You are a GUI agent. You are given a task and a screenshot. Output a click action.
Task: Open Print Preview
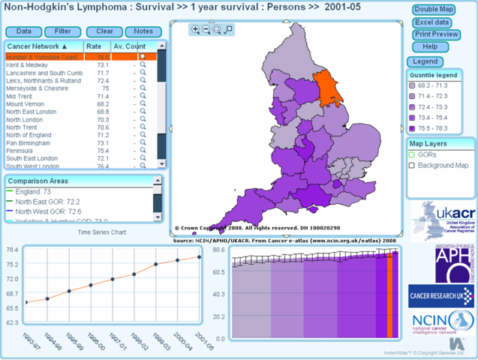coord(435,34)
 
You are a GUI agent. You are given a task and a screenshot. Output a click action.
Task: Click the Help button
coord(435,46)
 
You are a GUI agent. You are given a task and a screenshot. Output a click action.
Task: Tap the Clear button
coord(104,31)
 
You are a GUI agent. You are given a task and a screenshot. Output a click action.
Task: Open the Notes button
coord(143,31)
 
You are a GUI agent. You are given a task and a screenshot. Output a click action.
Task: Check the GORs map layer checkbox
coord(412,154)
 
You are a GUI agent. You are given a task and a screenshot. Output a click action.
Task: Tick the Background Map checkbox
coord(412,165)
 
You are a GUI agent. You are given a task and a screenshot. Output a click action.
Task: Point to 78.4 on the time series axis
coord(13,250)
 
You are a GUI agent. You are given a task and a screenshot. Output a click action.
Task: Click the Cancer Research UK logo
coord(441,295)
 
